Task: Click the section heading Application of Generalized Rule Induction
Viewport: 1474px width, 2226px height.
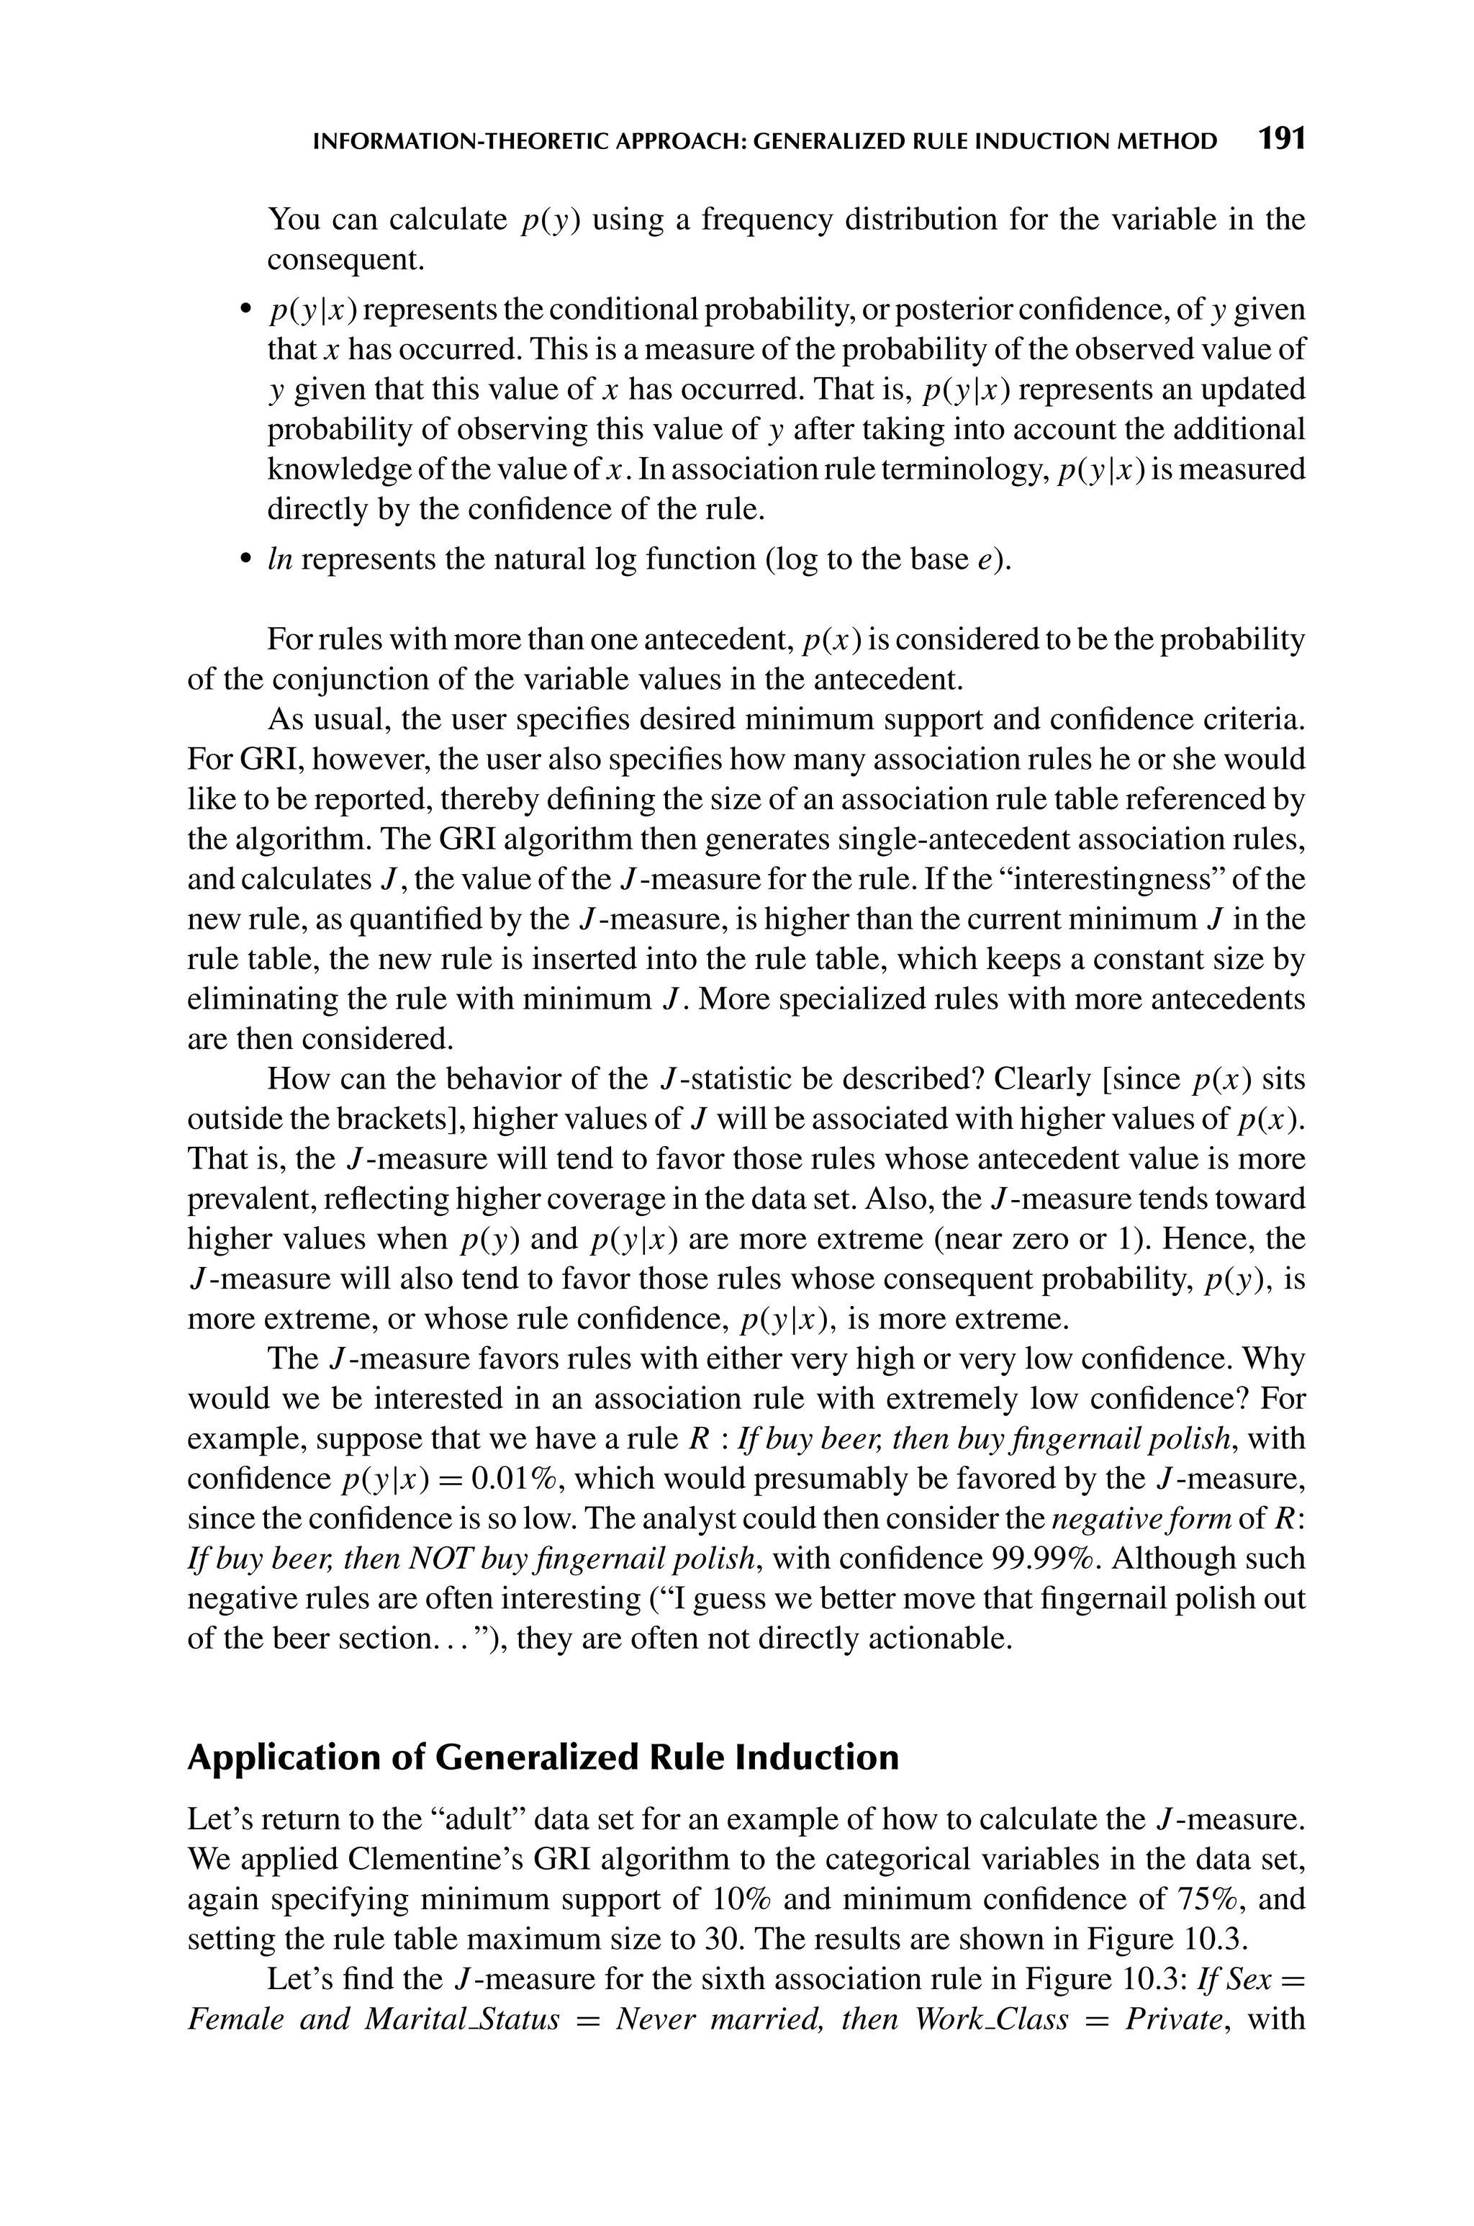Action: point(543,1757)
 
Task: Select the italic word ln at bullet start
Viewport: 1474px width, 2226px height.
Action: point(280,559)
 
